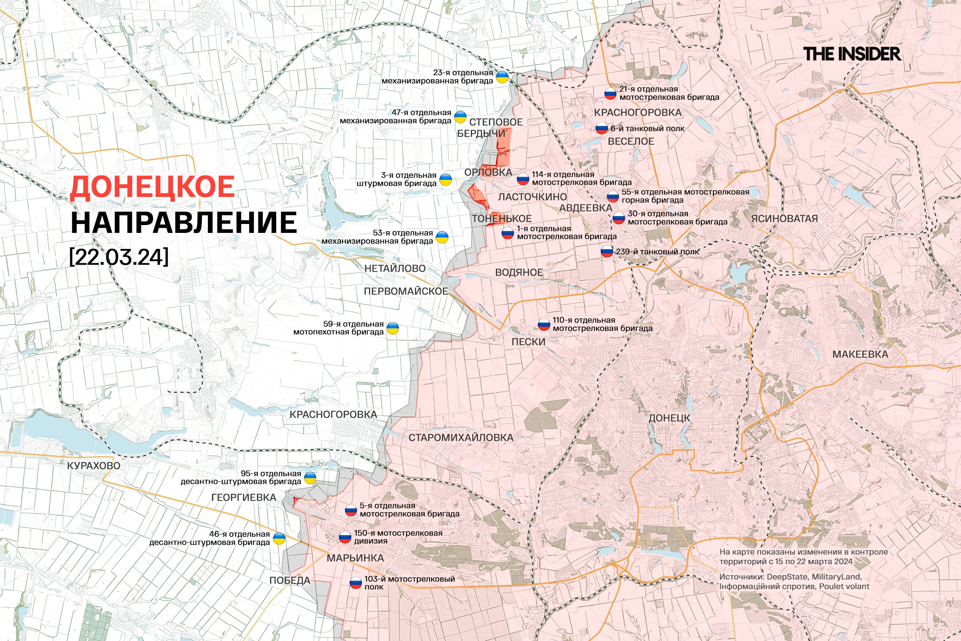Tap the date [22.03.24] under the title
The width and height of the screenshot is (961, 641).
pyautogui.click(x=119, y=257)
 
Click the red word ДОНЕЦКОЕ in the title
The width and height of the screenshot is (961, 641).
pyautogui.click(x=152, y=187)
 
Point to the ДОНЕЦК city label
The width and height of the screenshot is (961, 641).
pyautogui.click(x=669, y=418)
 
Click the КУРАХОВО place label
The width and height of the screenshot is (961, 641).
pyautogui.click(x=94, y=466)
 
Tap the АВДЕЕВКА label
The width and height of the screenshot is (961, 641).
pyautogui.click(x=585, y=208)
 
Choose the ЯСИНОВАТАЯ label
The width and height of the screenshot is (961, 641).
pyautogui.click(x=784, y=219)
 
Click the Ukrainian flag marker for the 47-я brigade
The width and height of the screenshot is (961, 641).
pyautogui.click(x=461, y=117)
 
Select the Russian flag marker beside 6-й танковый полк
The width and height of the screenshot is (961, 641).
pyautogui.click(x=602, y=128)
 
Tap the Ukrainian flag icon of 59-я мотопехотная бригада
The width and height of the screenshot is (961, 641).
pyautogui.click(x=393, y=328)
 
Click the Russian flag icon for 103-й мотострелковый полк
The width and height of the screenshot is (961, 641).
pyautogui.click(x=356, y=583)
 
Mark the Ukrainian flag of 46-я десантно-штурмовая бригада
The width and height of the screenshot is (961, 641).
pyautogui.click(x=279, y=538)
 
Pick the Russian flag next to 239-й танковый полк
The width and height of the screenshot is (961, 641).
pyautogui.click(x=607, y=251)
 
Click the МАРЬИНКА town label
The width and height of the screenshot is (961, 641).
pyautogui.click(x=355, y=558)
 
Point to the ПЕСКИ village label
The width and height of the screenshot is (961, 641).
pyautogui.click(x=528, y=342)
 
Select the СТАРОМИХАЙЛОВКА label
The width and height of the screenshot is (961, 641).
pyautogui.click(x=461, y=437)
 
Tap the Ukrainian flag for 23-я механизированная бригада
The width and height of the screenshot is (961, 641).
pyautogui.click(x=502, y=77)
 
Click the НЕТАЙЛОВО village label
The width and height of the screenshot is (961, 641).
pyautogui.click(x=395, y=269)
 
